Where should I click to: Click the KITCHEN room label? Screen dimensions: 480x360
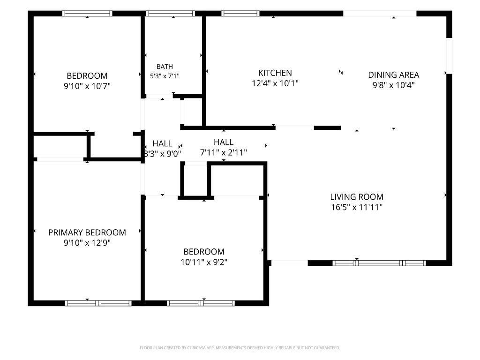pyautogui.click(x=275, y=73)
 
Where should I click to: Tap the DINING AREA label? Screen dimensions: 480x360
pyautogui.click(x=393, y=75)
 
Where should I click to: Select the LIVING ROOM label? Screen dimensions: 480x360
pyautogui.click(x=357, y=197)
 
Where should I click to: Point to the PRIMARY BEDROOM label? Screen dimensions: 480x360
pyautogui.click(x=87, y=232)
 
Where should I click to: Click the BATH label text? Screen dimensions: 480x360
pyautogui.click(x=165, y=67)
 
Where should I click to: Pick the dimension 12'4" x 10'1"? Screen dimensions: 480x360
pyautogui.click(x=275, y=83)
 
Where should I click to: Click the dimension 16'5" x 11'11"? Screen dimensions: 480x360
pyautogui.click(x=357, y=207)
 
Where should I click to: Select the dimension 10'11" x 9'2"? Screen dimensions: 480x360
pyautogui.click(x=204, y=262)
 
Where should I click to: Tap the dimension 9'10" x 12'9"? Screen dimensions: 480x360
pyautogui.click(x=87, y=243)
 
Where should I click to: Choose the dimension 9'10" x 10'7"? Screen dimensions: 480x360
pyautogui.click(x=87, y=86)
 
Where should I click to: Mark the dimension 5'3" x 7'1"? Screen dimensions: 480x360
pyautogui.click(x=165, y=76)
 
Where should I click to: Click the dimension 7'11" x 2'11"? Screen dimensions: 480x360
pyautogui.click(x=224, y=152)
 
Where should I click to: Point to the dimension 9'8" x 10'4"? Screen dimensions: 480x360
pyautogui.click(x=393, y=85)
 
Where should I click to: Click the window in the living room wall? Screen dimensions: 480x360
pyautogui.click(x=379, y=263)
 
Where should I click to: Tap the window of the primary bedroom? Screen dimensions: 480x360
pyautogui.click(x=98, y=303)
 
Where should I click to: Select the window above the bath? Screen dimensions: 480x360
pyautogui.click(x=171, y=14)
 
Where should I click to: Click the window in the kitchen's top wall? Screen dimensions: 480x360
pyautogui.click(x=240, y=14)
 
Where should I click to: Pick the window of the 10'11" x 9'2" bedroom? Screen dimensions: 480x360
pyautogui.click(x=201, y=303)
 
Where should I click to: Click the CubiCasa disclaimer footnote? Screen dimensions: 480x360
pyautogui.click(x=240, y=348)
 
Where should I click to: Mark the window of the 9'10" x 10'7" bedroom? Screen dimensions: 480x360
pyautogui.click(x=87, y=14)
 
